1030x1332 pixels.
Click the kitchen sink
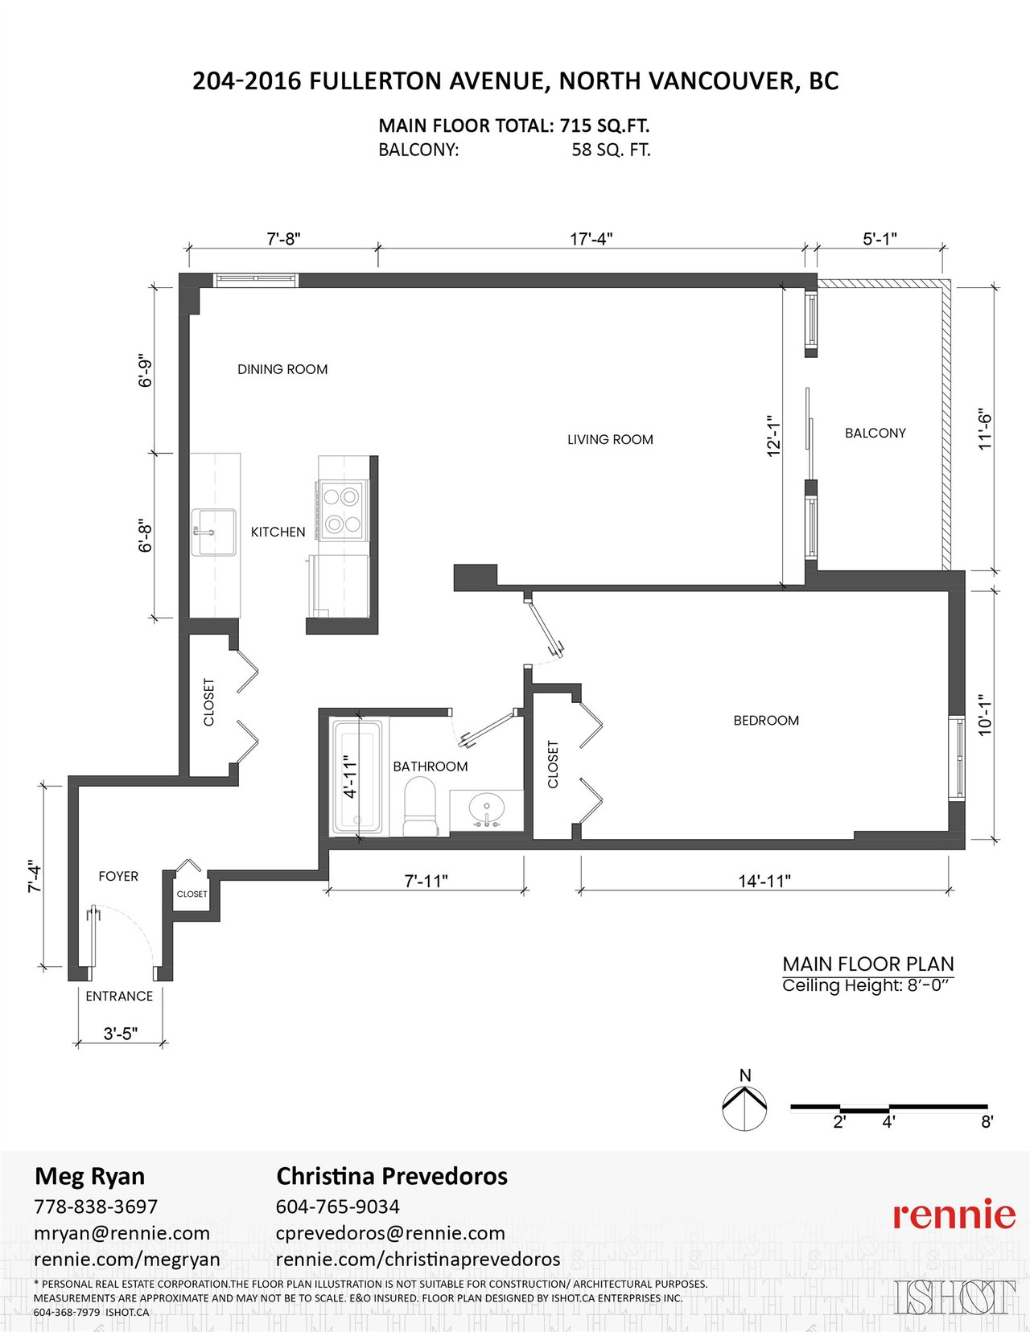point(213,532)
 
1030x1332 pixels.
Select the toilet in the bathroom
point(421,806)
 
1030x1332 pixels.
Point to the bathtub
point(356,776)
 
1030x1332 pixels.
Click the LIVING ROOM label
point(610,439)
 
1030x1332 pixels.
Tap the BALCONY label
point(875,433)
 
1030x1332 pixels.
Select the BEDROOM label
point(766,720)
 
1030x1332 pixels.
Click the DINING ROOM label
point(282,369)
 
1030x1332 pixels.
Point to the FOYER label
point(118,877)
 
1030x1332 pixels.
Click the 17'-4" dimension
point(591,238)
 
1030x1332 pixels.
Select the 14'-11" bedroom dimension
point(764,881)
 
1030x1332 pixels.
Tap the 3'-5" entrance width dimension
point(120,1034)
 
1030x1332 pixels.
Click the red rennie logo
point(954,1215)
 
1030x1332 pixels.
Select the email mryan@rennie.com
point(122,1233)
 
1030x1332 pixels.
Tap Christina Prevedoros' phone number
point(338,1207)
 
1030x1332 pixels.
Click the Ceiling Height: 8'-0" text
point(868,986)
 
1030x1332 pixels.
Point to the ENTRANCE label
point(119,996)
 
